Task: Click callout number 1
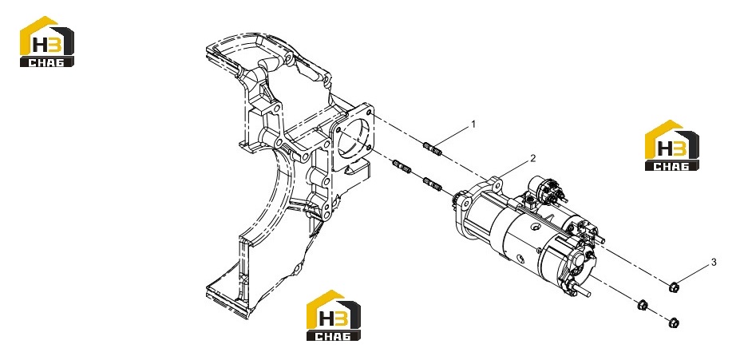click(x=473, y=125)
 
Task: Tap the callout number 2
click(x=532, y=158)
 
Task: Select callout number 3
click(x=713, y=263)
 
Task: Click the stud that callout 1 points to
click(x=432, y=149)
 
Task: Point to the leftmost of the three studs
click(x=402, y=167)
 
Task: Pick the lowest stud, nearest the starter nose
click(x=432, y=184)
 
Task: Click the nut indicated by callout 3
click(x=673, y=287)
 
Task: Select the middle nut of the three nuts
click(x=643, y=304)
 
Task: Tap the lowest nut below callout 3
click(x=673, y=322)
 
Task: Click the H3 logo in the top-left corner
click(x=46, y=42)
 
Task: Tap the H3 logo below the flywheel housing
click(x=333, y=315)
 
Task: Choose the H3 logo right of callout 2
click(x=671, y=145)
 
